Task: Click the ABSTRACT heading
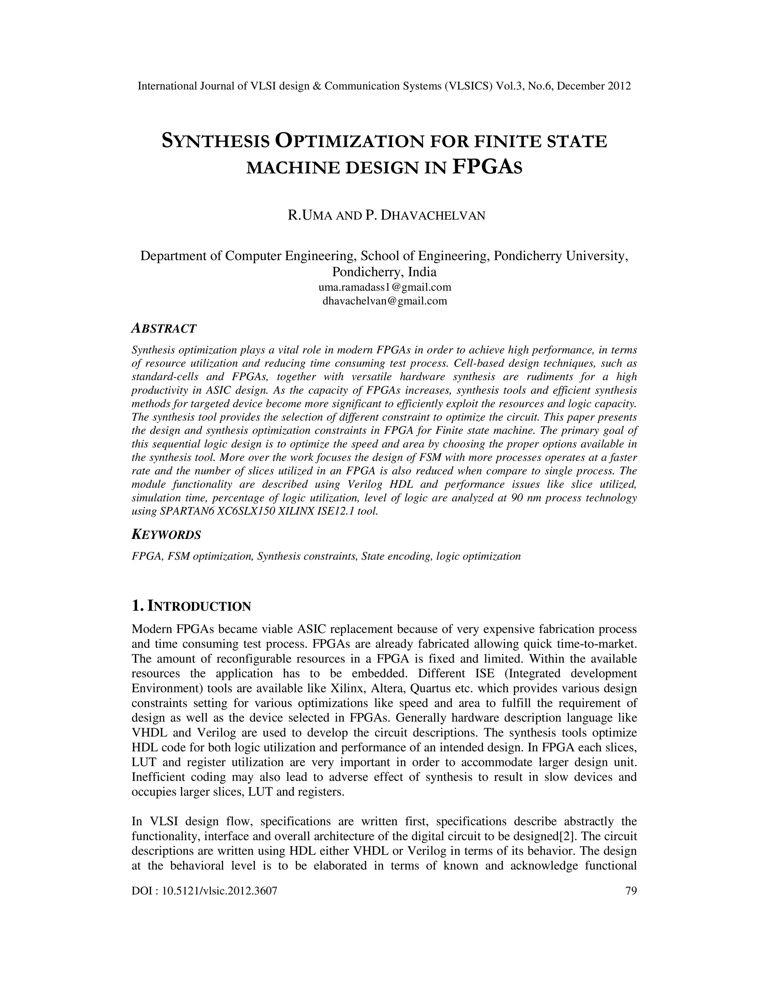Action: [163, 328]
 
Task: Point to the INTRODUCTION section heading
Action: [191, 606]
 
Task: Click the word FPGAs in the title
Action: [487, 167]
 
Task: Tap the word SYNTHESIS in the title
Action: [216, 142]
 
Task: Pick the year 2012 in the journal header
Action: [619, 86]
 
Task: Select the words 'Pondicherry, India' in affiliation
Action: [384, 272]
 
